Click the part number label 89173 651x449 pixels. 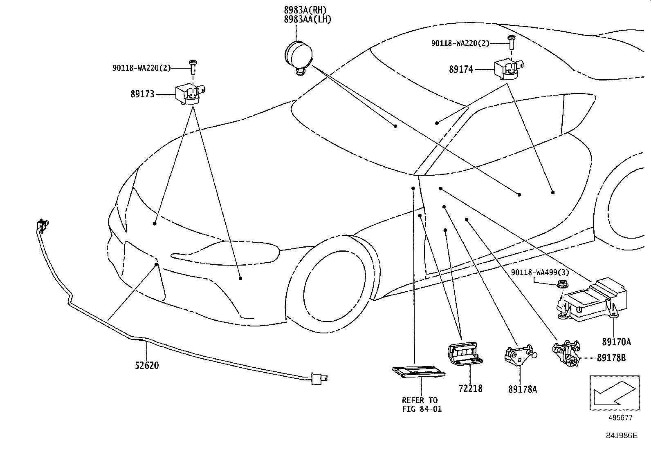pos(142,94)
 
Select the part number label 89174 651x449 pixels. pos(461,69)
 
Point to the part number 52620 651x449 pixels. pos(147,365)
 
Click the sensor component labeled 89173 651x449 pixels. pos(189,94)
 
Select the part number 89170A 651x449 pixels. pos(616,342)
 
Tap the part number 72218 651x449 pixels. pos(470,388)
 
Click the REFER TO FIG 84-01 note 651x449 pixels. pos(422,404)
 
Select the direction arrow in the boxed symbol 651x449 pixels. pos(613,392)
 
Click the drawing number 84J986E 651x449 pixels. pos(622,436)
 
